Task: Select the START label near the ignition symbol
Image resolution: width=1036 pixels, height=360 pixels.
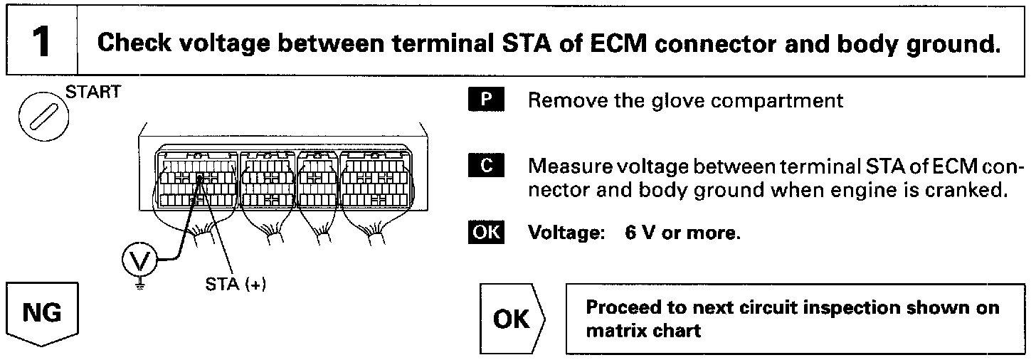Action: click(x=93, y=93)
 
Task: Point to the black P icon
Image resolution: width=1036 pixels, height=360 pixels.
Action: click(x=486, y=100)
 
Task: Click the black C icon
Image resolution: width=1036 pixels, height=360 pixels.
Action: click(x=486, y=167)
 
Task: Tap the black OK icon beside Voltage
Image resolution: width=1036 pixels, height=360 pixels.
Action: click(x=486, y=233)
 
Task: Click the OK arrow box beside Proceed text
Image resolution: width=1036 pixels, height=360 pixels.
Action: click(x=512, y=319)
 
